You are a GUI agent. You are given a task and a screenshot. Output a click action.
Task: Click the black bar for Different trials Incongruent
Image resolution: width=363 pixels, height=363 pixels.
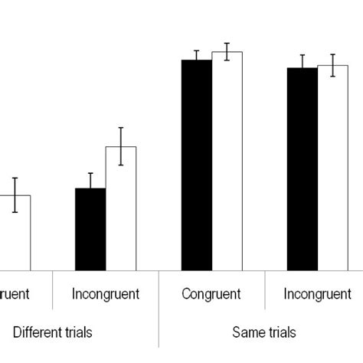(x=90, y=230)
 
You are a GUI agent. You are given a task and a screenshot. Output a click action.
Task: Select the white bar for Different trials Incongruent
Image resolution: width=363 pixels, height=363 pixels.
(x=120, y=208)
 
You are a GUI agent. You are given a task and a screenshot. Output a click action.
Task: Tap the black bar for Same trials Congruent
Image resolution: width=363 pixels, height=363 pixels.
(x=196, y=165)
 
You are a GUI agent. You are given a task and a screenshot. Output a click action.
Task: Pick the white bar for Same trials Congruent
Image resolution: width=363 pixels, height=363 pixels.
(x=227, y=162)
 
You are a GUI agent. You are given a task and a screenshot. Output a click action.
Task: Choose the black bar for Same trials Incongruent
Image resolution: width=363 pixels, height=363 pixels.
(x=302, y=169)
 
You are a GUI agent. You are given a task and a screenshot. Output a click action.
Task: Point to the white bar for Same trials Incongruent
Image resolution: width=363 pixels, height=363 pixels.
(x=332, y=168)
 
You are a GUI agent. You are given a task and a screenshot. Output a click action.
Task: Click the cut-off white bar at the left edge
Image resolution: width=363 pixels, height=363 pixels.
(x=15, y=233)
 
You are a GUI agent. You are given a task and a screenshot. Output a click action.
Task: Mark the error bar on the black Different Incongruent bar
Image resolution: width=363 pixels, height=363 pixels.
(x=90, y=181)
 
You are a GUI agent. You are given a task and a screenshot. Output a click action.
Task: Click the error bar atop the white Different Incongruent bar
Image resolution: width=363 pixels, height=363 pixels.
(x=120, y=146)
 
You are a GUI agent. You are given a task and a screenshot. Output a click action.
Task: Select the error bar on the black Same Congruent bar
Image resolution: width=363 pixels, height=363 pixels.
(x=196, y=56)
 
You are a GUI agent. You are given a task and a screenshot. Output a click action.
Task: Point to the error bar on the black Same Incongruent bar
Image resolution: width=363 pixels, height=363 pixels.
(x=302, y=67)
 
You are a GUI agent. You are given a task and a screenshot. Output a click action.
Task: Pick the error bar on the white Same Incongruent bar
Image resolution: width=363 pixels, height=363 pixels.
(x=332, y=65)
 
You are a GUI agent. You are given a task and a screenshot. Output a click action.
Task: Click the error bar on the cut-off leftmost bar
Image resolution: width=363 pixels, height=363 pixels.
(x=15, y=195)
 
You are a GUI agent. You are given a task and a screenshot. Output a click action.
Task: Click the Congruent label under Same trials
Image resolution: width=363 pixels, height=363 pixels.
(x=211, y=293)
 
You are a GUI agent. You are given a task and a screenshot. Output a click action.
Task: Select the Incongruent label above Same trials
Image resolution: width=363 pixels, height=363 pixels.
(x=317, y=293)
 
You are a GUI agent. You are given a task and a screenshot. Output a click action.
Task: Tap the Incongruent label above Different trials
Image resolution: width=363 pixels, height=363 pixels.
(x=106, y=293)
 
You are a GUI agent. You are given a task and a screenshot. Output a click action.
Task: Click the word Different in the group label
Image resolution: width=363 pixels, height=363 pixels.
(x=35, y=332)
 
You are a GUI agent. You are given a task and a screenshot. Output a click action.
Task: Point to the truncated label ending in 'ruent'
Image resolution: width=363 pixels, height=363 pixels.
(x=15, y=293)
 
